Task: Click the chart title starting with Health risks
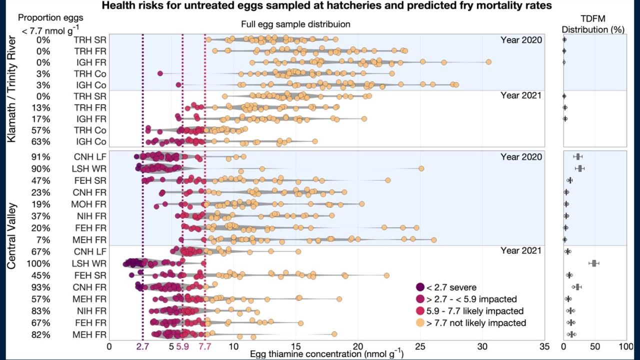[320, 6]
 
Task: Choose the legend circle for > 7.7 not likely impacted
[420, 323]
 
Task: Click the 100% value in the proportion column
[39, 264]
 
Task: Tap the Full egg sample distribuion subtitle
[295, 24]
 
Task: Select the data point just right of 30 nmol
[488, 62]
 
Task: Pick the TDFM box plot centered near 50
[594, 263]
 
